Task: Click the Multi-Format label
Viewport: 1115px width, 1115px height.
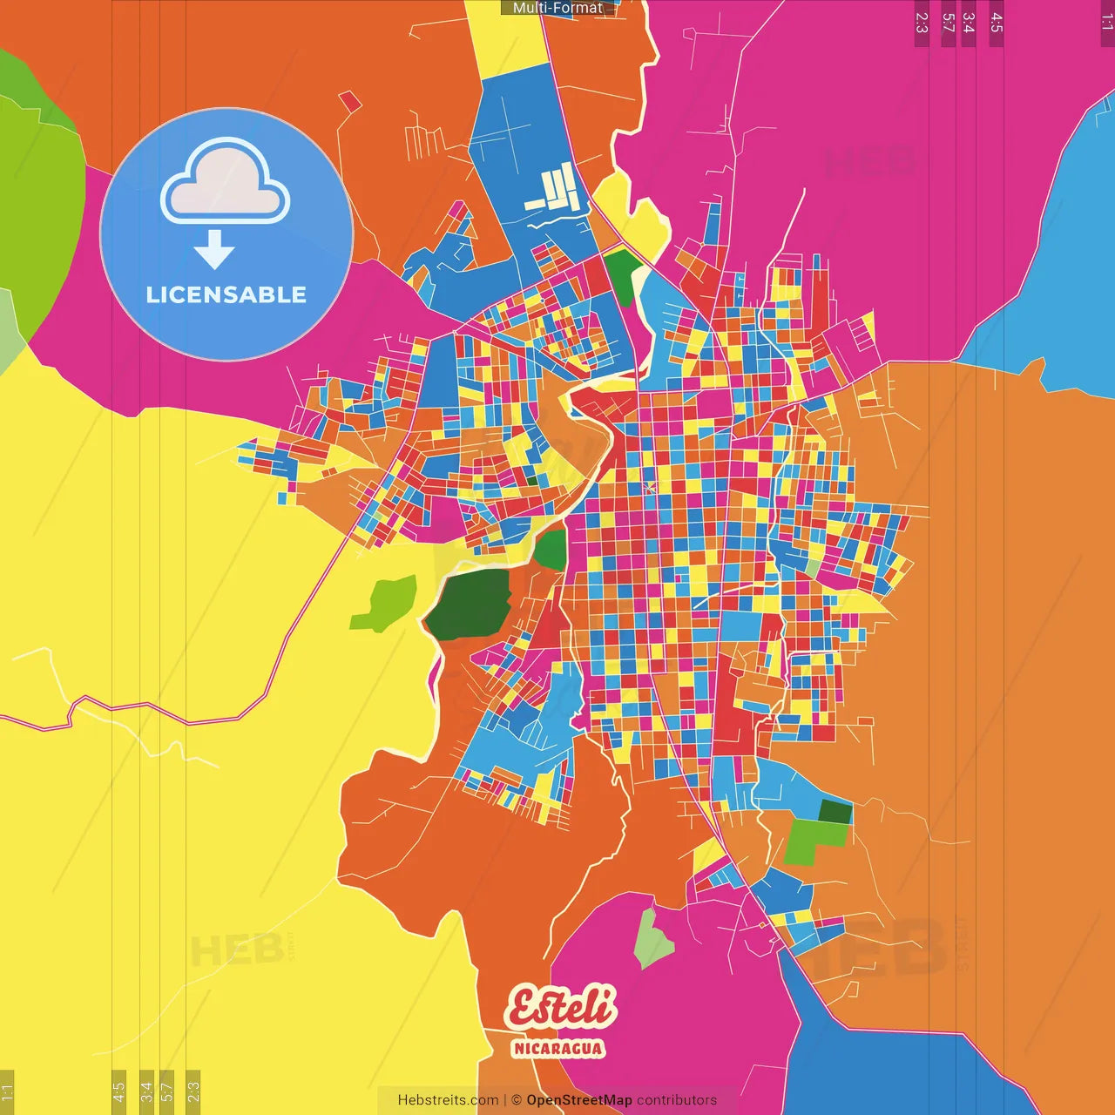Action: click(557, 8)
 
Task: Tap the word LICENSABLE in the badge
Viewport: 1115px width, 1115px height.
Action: click(226, 295)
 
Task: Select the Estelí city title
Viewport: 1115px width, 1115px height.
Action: click(561, 1007)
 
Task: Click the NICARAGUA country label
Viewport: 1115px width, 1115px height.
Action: click(557, 1048)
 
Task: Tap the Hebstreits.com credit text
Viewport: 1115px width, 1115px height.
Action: click(448, 1100)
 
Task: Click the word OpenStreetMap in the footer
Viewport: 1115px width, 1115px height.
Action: click(578, 1100)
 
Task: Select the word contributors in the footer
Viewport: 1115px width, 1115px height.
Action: click(677, 1100)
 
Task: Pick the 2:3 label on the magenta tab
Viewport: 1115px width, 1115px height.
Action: click(922, 23)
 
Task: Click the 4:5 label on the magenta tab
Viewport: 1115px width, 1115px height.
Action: click(997, 23)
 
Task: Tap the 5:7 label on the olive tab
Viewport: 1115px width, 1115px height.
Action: click(167, 1091)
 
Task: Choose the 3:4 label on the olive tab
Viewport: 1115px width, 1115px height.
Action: click(146, 1091)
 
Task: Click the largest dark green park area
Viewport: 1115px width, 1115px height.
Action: click(469, 604)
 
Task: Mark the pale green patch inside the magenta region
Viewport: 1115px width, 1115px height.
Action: click(652, 939)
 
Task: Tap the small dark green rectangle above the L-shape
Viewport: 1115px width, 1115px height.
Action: click(835, 812)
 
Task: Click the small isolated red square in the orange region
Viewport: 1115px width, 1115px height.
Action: click(350, 102)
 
